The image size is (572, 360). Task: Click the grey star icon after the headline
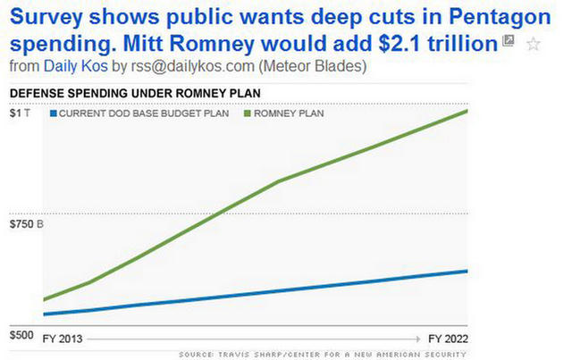coord(534,44)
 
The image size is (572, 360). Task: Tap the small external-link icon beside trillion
coord(509,41)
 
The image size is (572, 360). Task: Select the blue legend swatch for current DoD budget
coord(53,113)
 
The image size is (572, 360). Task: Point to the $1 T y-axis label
coord(19,113)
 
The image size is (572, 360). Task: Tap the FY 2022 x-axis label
coord(448,339)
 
